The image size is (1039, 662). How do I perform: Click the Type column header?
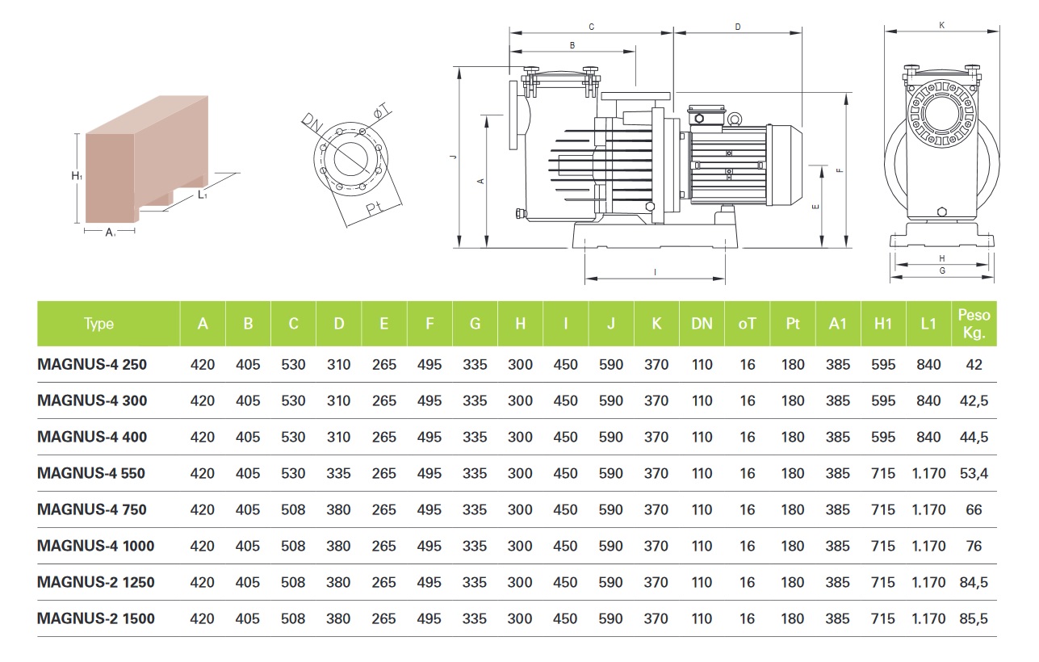tap(98, 324)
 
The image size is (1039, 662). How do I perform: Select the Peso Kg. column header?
tap(974, 324)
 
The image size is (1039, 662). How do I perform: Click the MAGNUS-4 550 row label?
tap(91, 473)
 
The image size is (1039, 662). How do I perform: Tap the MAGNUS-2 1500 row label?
tap(96, 618)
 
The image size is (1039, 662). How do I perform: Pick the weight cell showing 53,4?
tap(974, 473)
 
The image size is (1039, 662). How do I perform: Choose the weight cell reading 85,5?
tap(974, 618)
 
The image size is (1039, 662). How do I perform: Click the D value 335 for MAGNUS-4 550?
tap(339, 473)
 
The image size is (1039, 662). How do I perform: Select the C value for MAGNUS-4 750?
tap(294, 509)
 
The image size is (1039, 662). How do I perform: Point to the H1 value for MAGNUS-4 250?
tap(883, 364)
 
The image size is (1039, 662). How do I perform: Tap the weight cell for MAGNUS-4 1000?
tap(974, 546)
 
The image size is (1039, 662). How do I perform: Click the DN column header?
tap(702, 324)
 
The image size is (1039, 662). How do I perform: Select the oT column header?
tap(748, 324)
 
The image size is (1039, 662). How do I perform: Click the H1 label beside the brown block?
tap(75, 176)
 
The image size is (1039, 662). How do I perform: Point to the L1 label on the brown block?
tap(203, 195)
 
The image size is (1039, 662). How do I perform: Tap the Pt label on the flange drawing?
tap(373, 209)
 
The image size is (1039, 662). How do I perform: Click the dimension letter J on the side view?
tap(455, 157)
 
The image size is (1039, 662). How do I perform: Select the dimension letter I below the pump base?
tap(656, 271)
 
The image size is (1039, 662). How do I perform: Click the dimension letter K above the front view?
tap(942, 26)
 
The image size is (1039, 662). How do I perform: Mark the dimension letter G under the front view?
tap(942, 271)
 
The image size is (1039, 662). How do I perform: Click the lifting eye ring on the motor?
tap(735, 119)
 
